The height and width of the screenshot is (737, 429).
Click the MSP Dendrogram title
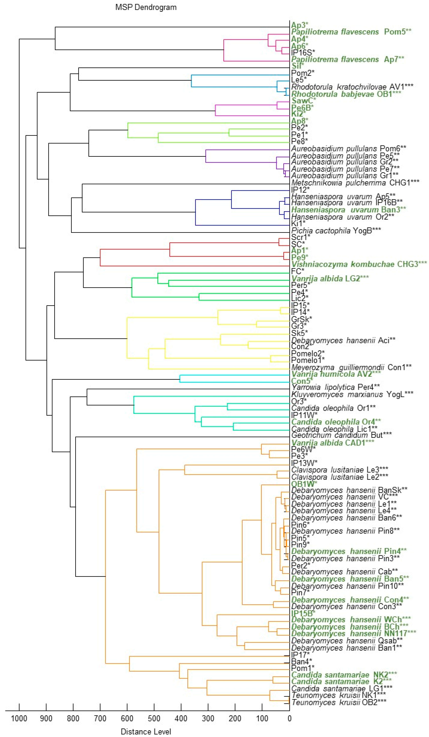click(146, 7)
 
